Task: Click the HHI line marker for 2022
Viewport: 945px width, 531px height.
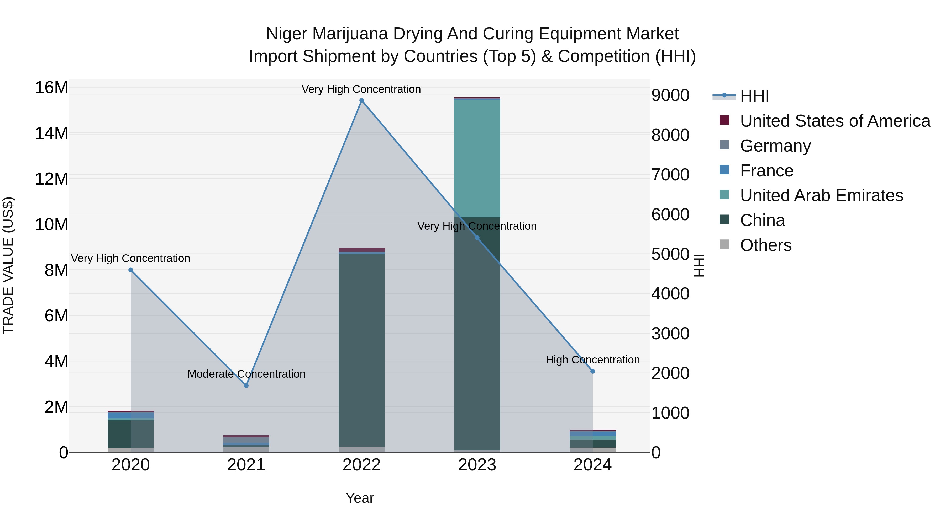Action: pyautogui.click(x=361, y=100)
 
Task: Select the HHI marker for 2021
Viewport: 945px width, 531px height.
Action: pyautogui.click(x=246, y=385)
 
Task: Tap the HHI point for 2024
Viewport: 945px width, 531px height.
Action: pyautogui.click(x=592, y=371)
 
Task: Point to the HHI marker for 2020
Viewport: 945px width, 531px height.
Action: pyautogui.click(x=131, y=270)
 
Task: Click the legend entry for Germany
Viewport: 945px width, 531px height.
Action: pyautogui.click(x=775, y=146)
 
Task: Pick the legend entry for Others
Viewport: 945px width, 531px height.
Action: pyautogui.click(x=766, y=245)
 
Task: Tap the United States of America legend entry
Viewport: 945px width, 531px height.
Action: pyautogui.click(x=834, y=121)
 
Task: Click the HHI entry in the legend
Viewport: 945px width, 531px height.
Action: pyautogui.click(x=754, y=96)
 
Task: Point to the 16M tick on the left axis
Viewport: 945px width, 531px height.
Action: pyautogui.click(x=51, y=88)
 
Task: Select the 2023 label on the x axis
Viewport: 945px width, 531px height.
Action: pyautogui.click(x=477, y=465)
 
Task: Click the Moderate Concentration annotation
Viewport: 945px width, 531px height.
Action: pyautogui.click(x=246, y=374)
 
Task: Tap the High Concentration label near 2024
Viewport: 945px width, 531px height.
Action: pyautogui.click(x=592, y=360)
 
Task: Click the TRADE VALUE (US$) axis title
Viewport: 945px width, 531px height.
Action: pyautogui.click(x=8, y=265)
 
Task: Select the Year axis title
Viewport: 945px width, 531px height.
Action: pyautogui.click(x=360, y=498)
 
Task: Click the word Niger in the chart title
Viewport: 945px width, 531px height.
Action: pyautogui.click(x=286, y=34)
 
